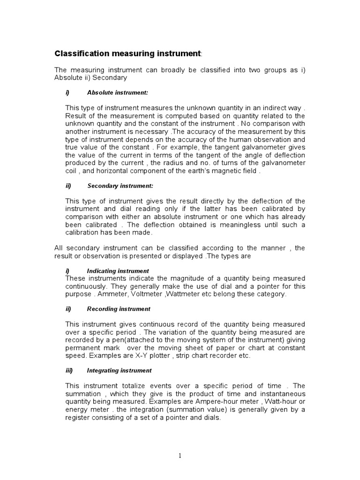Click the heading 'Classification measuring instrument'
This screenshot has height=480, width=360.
point(127,53)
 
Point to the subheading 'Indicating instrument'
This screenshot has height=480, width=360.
point(118,271)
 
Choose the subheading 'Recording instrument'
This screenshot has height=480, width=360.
point(119,309)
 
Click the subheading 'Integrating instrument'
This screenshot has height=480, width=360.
point(119,370)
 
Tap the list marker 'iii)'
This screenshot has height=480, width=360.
point(69,370)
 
